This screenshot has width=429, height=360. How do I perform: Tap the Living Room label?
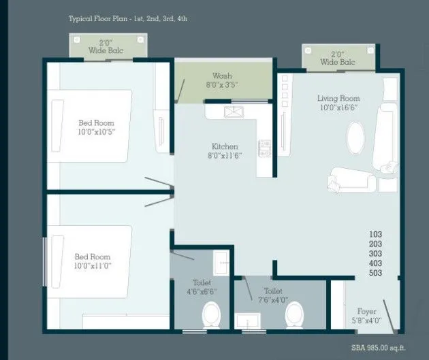click(338, 98)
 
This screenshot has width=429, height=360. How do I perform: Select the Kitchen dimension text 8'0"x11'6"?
click(224, 157)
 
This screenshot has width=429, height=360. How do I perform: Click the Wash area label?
click(222, 76)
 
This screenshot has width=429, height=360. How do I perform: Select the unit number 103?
click(375, 234)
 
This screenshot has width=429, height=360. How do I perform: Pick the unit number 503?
click(375, 273)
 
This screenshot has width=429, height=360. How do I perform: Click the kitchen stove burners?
click(264, 148)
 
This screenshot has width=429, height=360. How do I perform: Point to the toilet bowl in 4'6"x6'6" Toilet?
click(212, 315)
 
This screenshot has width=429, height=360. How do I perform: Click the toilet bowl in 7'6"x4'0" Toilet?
click(294, 314)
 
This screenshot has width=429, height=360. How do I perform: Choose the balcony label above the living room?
click(338, 58)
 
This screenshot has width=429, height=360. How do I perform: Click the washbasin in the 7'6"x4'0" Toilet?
click(246, 321)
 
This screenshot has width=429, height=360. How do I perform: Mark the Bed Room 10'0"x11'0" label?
click(92, 261)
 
